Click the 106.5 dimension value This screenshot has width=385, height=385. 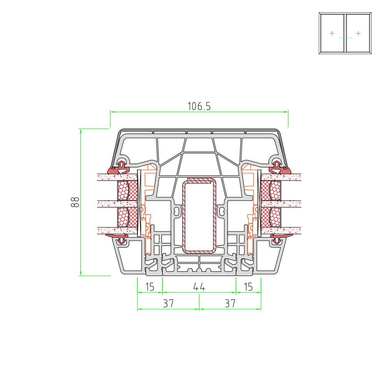(x=199, y=106)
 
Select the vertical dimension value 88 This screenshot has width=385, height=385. (x=75, y=202)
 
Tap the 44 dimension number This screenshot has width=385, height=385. (x=199, y=286)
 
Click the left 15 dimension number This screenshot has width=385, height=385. (x=149, y=286)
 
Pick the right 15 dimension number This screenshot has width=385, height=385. (x=248, y=286)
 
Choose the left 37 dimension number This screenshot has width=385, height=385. (x=169, y=303)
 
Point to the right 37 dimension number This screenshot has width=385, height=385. (x=230, y=303)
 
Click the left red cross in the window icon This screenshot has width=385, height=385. (x=332, y=33)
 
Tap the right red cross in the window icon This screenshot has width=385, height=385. (x=358, y=33)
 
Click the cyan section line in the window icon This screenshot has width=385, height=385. (x=345, y=38)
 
